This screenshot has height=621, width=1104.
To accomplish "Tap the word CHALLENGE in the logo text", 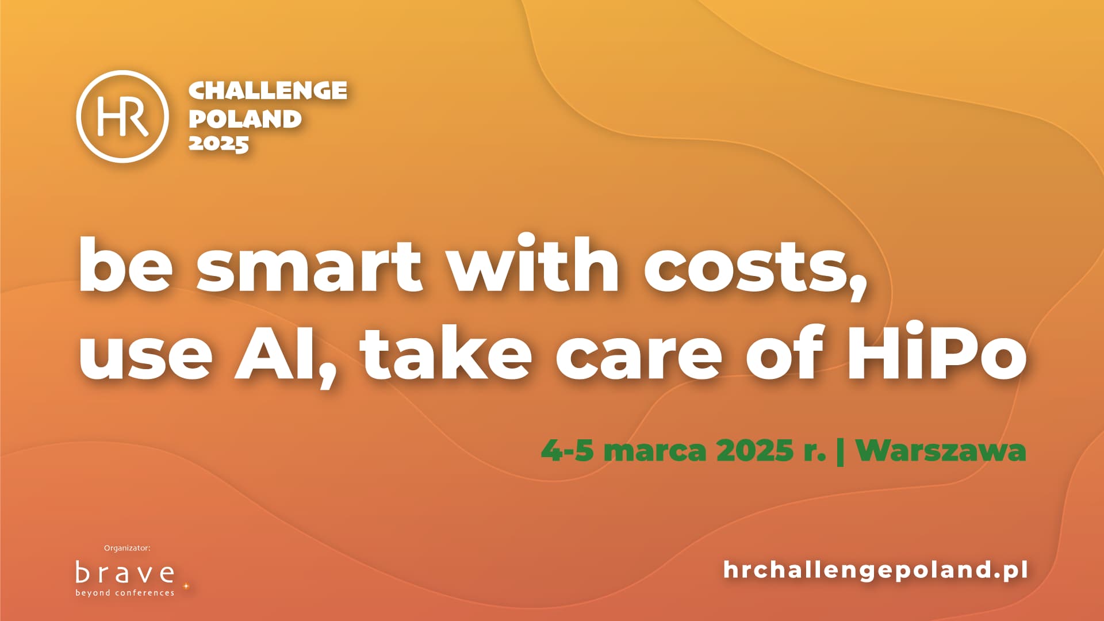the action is (268, 90).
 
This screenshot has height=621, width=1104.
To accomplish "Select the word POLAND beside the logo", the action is (245, 118).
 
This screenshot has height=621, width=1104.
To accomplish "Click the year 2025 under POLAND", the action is (218, 144).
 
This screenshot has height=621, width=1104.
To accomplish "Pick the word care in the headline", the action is (639, 355).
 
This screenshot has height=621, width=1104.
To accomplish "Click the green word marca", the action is (655, 451).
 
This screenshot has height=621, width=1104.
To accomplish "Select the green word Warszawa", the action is (941, 451).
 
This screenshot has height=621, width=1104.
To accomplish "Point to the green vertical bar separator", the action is (841, 451).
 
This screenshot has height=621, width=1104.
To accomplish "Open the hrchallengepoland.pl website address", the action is (875, 570).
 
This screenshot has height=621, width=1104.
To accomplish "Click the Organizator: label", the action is (127, 548).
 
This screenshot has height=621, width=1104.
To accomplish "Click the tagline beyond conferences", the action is (125, 593).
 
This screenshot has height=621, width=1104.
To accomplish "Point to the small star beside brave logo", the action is (186, 586).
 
